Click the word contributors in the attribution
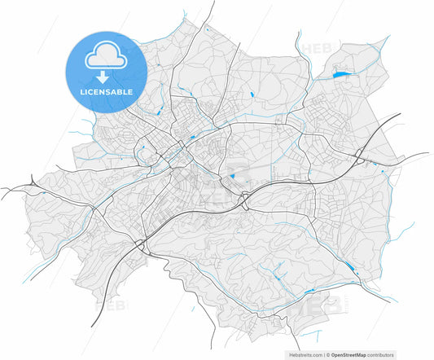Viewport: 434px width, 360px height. click(x=380, y=355)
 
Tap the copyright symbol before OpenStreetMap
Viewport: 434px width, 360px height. click(x=327, y=355)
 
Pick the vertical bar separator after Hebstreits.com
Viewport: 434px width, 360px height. click(x=323, y=355)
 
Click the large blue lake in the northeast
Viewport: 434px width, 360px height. click(x=340, y=75)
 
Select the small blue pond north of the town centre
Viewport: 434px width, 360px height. click(x=253, y=95)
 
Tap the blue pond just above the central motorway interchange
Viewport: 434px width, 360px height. click(x=232, y=176)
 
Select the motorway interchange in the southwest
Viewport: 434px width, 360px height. click(x=140, y=243)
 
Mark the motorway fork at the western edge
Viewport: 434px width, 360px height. click(x=33, y=184)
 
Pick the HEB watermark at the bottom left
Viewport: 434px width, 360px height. click(x=111, y=308)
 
